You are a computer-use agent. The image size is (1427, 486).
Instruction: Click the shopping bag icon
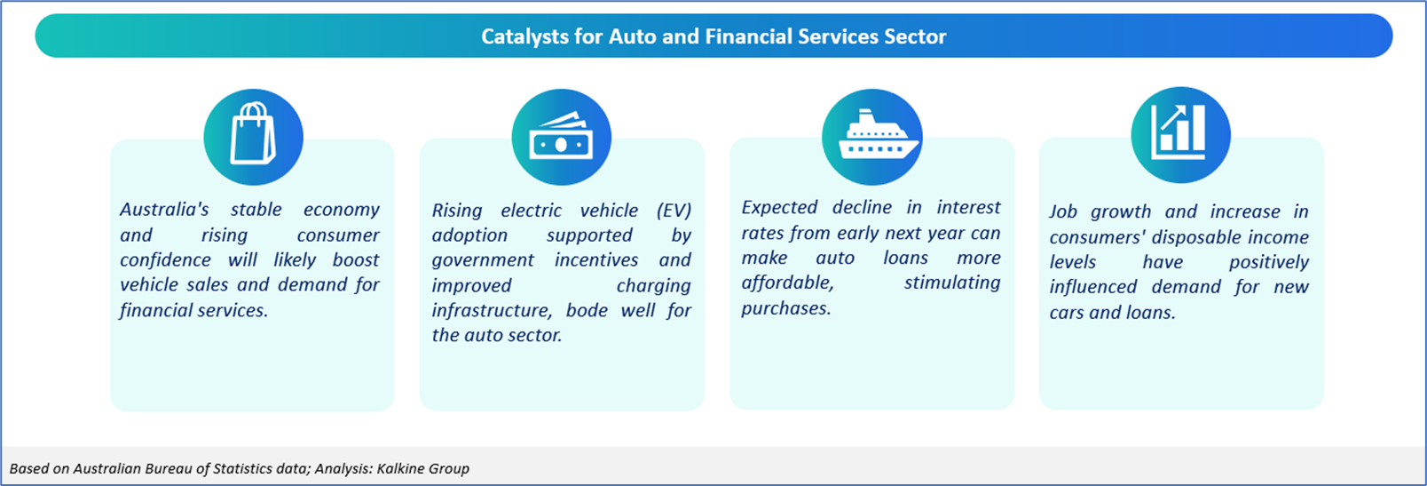[x=253, y=133]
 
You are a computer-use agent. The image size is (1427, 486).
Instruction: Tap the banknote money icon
[x=561, y=136]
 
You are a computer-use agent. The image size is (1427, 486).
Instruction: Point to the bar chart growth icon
[x=1179, y=132]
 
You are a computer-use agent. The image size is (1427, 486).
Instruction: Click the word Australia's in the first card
[x=164, y=209]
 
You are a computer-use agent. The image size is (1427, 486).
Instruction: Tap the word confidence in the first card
[x=165, y=259]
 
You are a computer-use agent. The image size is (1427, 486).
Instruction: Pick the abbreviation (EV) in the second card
[x=674, y=211]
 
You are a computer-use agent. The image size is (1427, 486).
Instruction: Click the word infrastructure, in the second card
[x=492, y=311]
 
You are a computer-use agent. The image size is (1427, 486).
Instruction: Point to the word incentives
[x=596, y=259]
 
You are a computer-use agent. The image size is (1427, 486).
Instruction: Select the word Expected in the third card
[x=779, y=208]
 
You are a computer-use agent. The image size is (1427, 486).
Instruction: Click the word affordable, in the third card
[x=787, y=283]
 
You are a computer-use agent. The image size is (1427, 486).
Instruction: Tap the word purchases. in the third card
[x=786, y=308]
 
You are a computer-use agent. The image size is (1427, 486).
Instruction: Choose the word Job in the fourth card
[x=1063, y=211]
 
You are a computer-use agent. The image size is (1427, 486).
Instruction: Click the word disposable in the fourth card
[x=1196, y=237]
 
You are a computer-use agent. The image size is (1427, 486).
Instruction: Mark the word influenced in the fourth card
[x=1093, y=287]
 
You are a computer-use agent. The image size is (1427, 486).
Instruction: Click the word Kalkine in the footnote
[x=401, y=469]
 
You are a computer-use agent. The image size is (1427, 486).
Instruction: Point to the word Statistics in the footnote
[x=243, y=469]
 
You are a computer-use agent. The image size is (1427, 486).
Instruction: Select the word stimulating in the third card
[x=952, y=283]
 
